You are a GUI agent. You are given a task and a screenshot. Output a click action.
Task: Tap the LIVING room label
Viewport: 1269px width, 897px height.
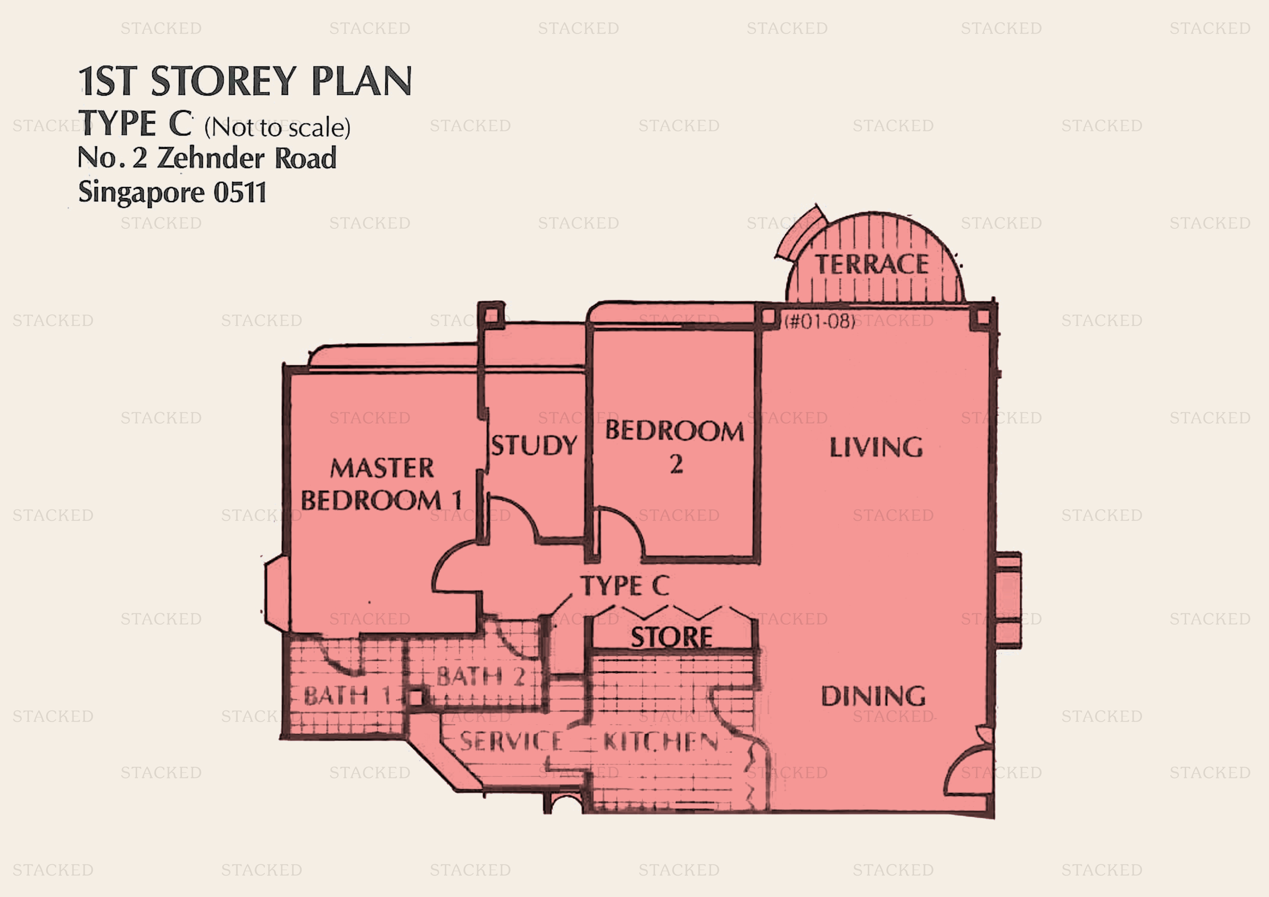[x=876, y=447]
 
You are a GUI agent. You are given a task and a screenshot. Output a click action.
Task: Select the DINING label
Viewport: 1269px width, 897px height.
[x=873, y=696]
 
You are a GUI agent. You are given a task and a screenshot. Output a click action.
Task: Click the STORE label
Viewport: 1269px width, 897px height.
[x=671, y=637]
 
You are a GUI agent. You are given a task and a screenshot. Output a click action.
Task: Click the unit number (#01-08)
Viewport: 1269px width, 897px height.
[x=820, y=321]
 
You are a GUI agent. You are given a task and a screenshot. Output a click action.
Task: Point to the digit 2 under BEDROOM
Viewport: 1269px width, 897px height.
[x=676, y=464]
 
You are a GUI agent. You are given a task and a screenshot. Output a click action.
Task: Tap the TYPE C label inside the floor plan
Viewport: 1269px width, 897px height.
[x=624, y=586]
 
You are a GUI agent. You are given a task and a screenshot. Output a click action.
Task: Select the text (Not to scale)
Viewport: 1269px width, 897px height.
[x=277, y=128]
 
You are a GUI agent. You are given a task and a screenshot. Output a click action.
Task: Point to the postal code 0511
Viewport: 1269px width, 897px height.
[x=240, y=192]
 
